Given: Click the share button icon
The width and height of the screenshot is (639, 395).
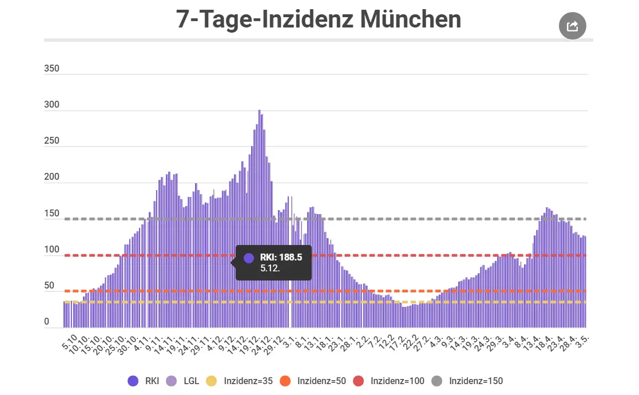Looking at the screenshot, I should [x=573, y=26].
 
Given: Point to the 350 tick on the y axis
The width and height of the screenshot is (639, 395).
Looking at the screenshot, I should [x=51, y=69].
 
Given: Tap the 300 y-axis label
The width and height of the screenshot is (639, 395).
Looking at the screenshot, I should [x=51, y=105].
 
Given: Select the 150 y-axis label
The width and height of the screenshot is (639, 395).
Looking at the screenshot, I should [x=51, y=214].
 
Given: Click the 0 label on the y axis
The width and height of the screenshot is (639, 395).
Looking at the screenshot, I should [x=47, y=322].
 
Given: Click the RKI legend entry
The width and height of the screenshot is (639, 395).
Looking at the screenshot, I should [x=144, y=381].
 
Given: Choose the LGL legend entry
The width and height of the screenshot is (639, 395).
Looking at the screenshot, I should [x=184, y=381].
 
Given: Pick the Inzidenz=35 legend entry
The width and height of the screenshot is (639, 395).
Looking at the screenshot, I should [x=239, y=381].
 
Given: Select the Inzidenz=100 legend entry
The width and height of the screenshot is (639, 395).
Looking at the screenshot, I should [x=388, y=381].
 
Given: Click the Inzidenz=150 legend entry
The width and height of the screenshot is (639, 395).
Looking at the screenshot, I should [x=467, y=381].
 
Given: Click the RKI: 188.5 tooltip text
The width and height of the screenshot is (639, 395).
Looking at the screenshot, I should [x=281, y=258].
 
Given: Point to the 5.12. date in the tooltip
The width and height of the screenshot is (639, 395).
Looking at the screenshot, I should [x=270, y=268].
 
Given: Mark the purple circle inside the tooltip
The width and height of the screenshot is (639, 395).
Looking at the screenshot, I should [x=249, y=258].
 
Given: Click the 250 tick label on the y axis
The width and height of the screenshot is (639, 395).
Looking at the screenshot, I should [x=51, y=141].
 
